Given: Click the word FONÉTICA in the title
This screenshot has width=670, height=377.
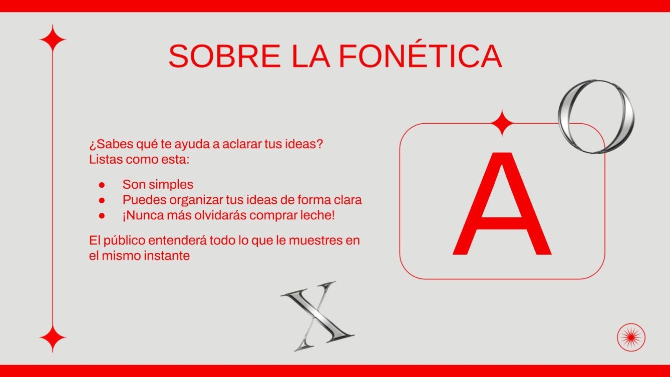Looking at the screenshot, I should pos(420,56).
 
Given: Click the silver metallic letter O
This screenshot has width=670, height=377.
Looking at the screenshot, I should pos(596,116).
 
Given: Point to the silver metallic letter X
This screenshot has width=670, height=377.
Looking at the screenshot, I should pos(316,315).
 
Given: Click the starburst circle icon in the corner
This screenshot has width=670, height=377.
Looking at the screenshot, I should pos(631,337).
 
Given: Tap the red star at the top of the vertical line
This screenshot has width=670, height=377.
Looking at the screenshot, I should pos(53,38).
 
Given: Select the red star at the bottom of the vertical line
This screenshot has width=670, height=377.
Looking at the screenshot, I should pos(53,339).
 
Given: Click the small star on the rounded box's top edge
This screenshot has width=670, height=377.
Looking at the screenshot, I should pos(501,123).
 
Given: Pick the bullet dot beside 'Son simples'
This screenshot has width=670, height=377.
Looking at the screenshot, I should pos(102,185).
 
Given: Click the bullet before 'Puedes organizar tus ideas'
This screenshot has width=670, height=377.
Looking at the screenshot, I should pos(102,200).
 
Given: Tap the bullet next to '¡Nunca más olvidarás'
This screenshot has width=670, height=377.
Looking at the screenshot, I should pos(102,216).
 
